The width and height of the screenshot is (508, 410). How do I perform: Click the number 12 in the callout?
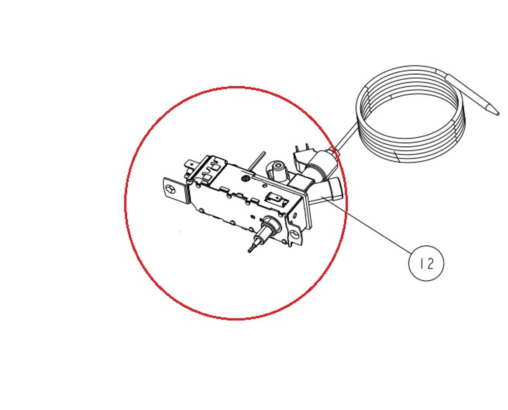point(426,263)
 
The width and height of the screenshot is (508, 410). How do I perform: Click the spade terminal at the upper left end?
point(189,165)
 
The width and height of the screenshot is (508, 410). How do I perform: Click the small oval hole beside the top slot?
point(264,186)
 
